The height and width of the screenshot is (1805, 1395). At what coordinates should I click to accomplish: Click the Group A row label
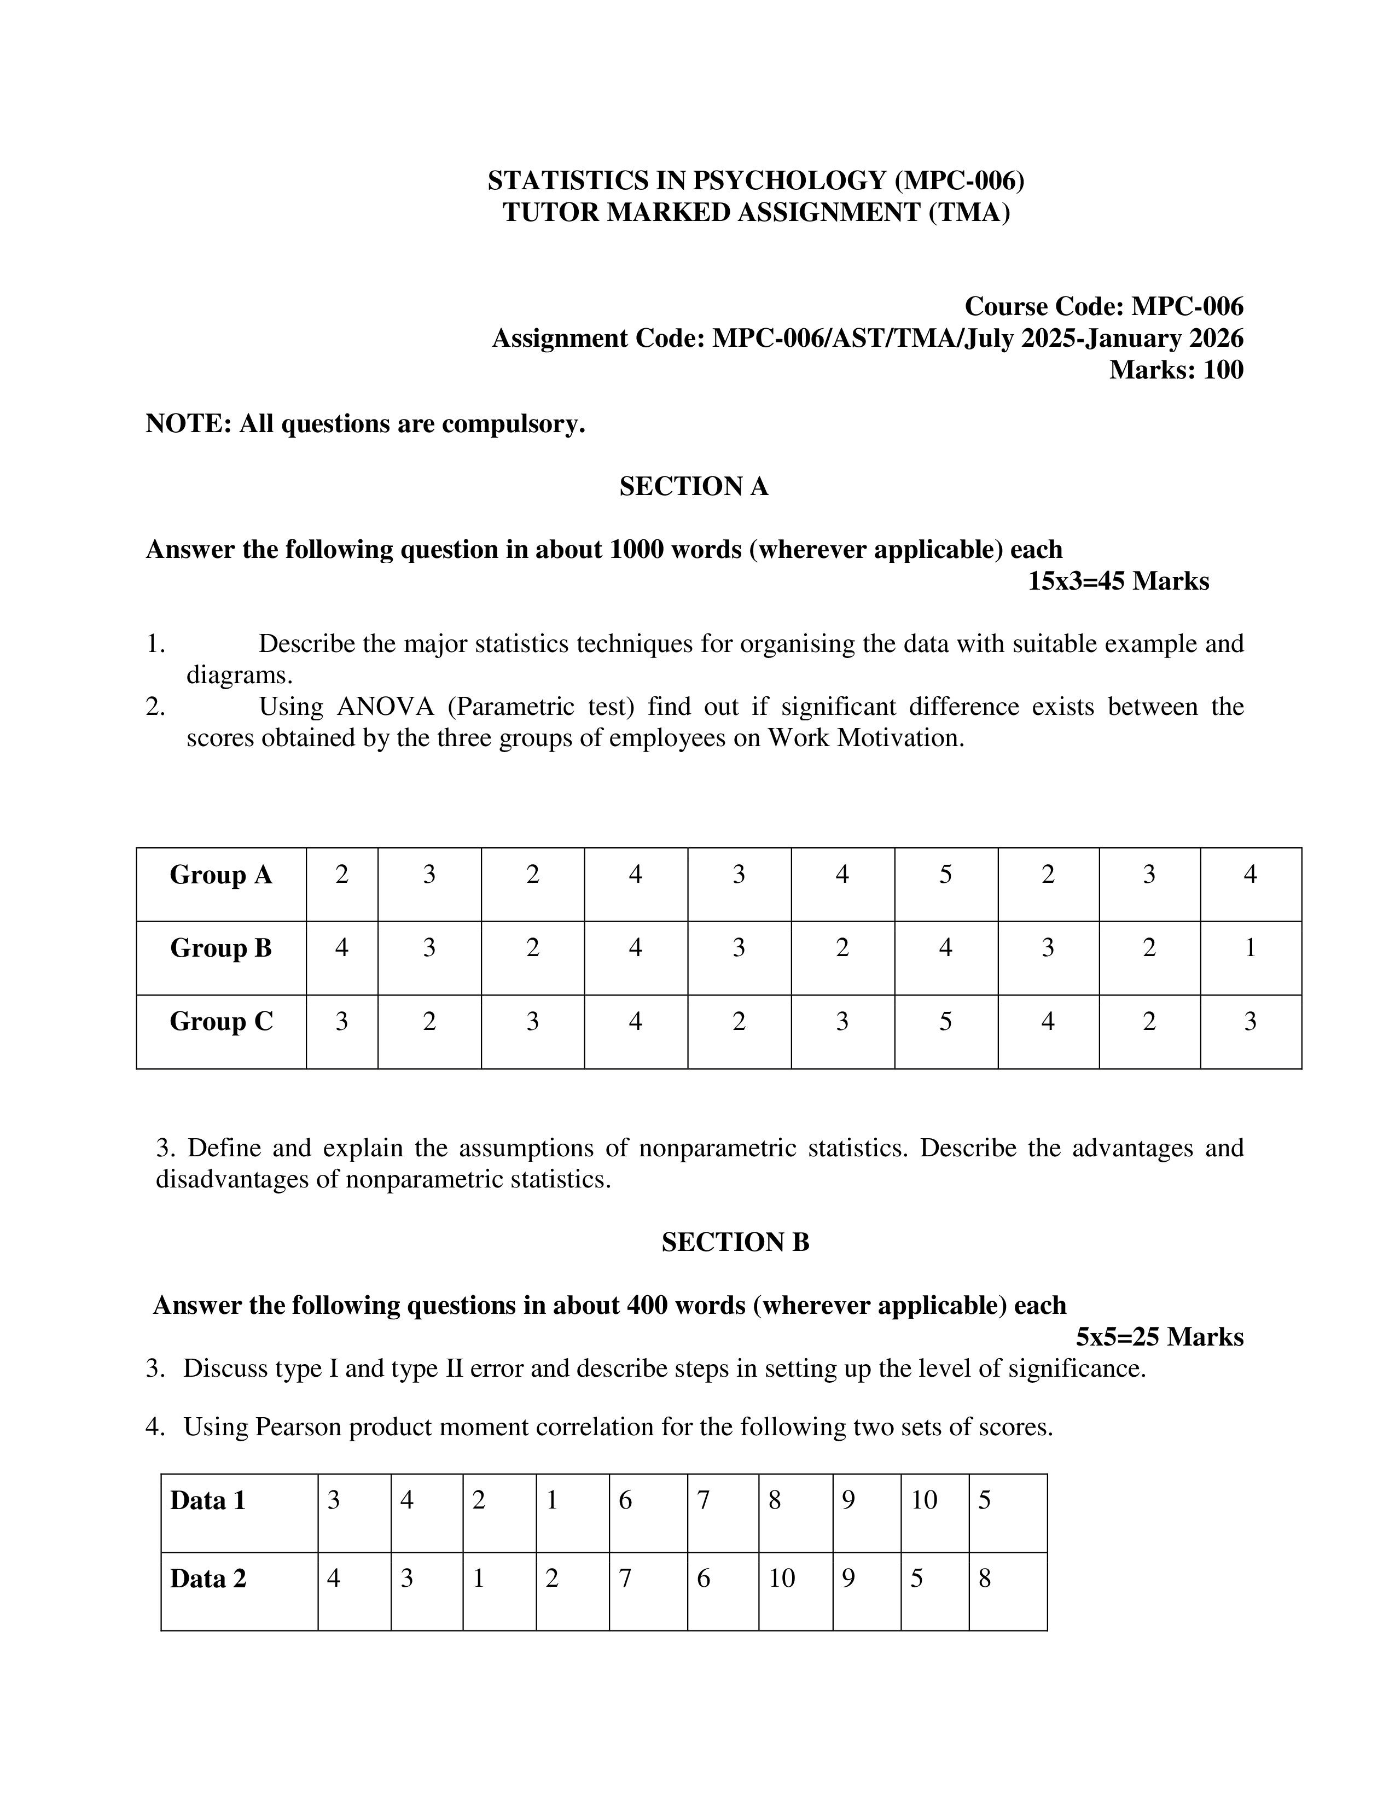click(220, 875)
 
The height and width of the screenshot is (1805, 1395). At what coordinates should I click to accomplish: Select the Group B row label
click(220, 948)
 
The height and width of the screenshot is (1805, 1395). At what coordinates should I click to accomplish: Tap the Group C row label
click(220, 1022)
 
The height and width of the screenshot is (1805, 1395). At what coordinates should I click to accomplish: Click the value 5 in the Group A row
click(945, 875)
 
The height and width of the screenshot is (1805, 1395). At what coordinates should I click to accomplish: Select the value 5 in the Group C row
click(945, 1022)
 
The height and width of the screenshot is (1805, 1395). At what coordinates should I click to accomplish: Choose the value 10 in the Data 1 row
click(924, 1500)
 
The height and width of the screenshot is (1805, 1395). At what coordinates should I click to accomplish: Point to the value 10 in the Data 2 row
click(782, 1579)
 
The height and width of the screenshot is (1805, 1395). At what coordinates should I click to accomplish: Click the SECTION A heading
click(693, 487)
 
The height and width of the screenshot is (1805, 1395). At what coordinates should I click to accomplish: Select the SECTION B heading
click(735, 1242)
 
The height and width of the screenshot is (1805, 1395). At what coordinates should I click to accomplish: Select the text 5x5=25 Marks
click(1159, 1337)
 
